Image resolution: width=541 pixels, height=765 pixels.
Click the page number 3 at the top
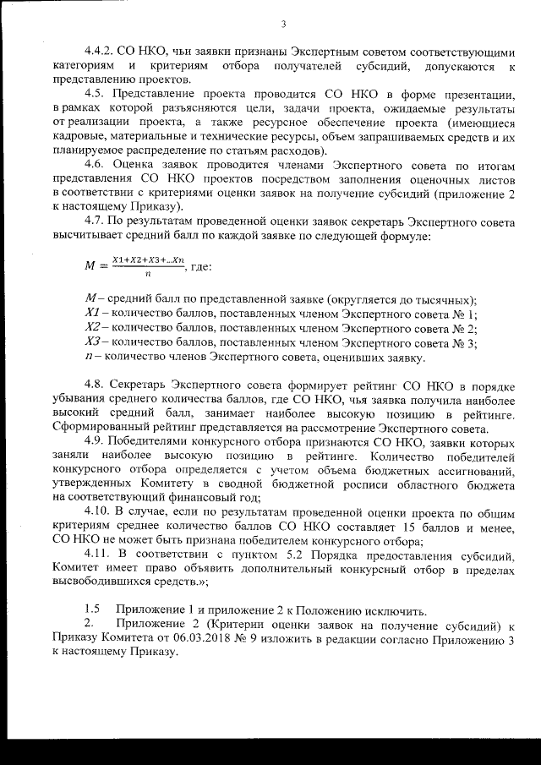tap(284, 24)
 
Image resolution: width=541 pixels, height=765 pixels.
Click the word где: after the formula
tap(198, 267)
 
